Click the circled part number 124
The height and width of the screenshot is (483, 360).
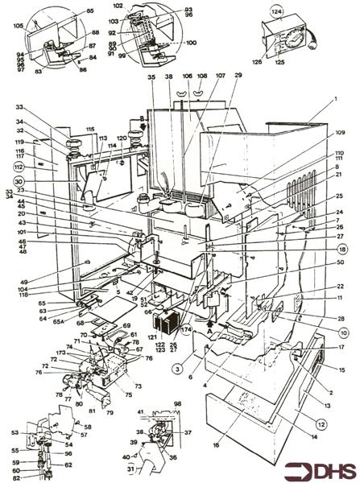point(276,12)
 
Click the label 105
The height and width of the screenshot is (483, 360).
point(18,24)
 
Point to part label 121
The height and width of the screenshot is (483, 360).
point(151,336)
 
